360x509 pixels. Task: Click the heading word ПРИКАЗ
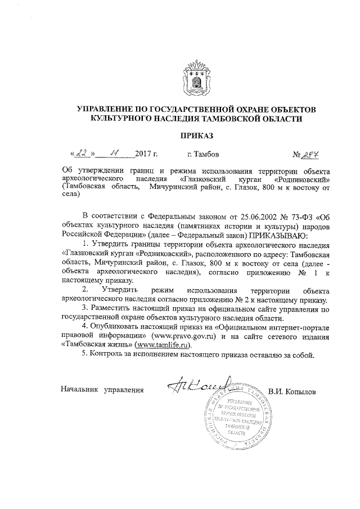pyautogui.click(x=196, y=136)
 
